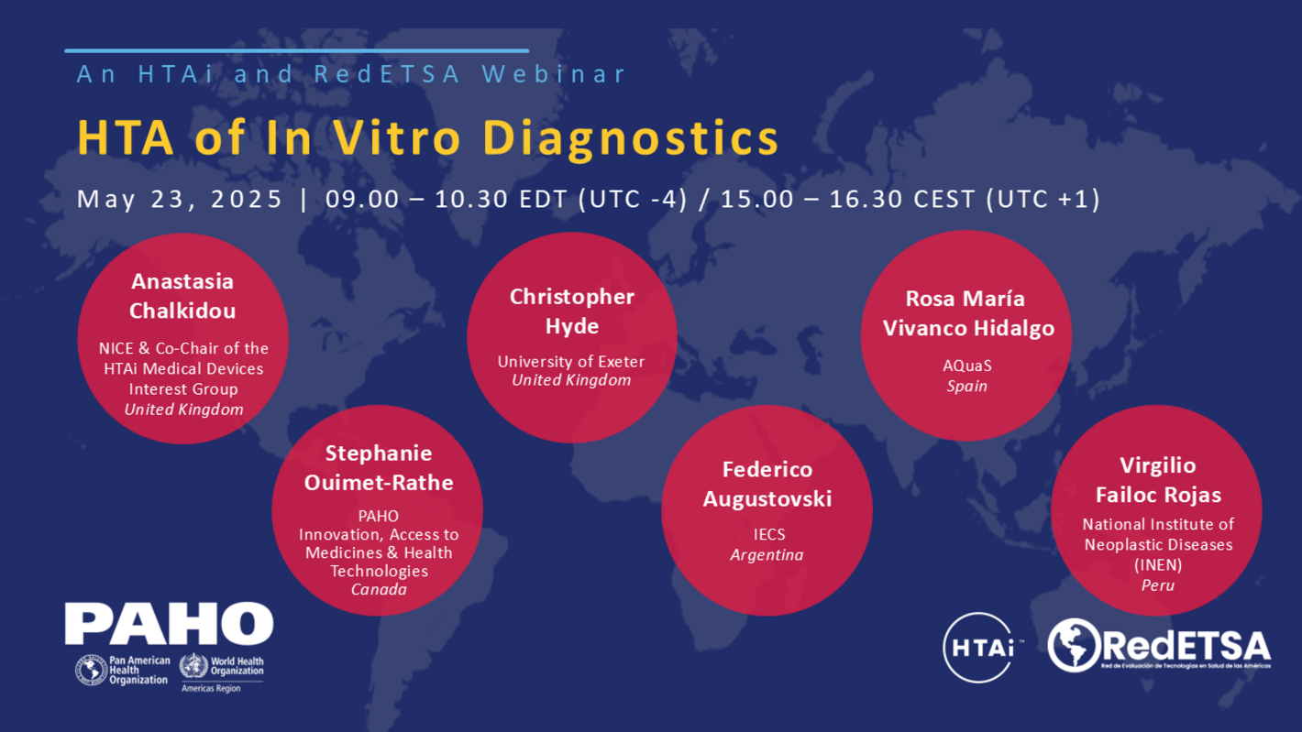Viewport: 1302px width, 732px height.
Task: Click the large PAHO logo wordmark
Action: (x=169, y=623)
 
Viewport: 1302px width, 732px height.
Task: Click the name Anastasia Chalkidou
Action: (x=182, y=296)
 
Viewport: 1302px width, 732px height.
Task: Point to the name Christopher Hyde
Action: (x=571, y=311)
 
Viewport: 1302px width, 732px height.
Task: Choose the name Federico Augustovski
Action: (x=767, y=485)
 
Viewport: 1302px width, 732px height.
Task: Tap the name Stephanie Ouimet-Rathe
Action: (x=378, y=468)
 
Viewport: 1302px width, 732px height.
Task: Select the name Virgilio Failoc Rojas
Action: (x=1156, y=480)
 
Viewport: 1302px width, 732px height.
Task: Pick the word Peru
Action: (x=1157, y=585)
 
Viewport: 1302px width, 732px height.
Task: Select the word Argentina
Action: (x=767, y=555)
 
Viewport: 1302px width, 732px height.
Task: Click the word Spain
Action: (x=966, y=386)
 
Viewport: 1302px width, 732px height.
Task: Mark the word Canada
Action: (x=379, y=590)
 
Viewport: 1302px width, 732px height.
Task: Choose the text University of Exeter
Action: (x=571, y=361)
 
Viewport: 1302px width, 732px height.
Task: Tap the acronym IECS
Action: (x=767, y=534)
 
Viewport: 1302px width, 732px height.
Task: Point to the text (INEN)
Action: (x=1157, y=563)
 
